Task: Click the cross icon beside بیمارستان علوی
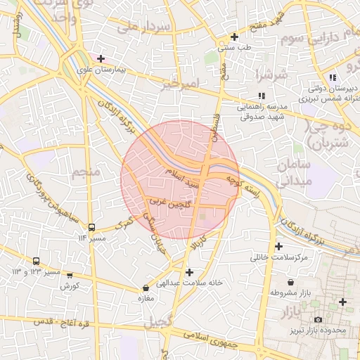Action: point(101,58)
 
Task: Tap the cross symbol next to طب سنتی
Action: point(234,37)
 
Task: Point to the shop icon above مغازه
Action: point(146,288)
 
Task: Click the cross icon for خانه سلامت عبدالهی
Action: point(188,271)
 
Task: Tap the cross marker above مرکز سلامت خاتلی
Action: point(279,247)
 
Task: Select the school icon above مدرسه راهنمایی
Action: point(261,96)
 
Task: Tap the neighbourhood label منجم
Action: point(84,173)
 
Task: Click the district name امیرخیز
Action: point(176,84)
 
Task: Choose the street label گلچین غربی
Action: point(168,202)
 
